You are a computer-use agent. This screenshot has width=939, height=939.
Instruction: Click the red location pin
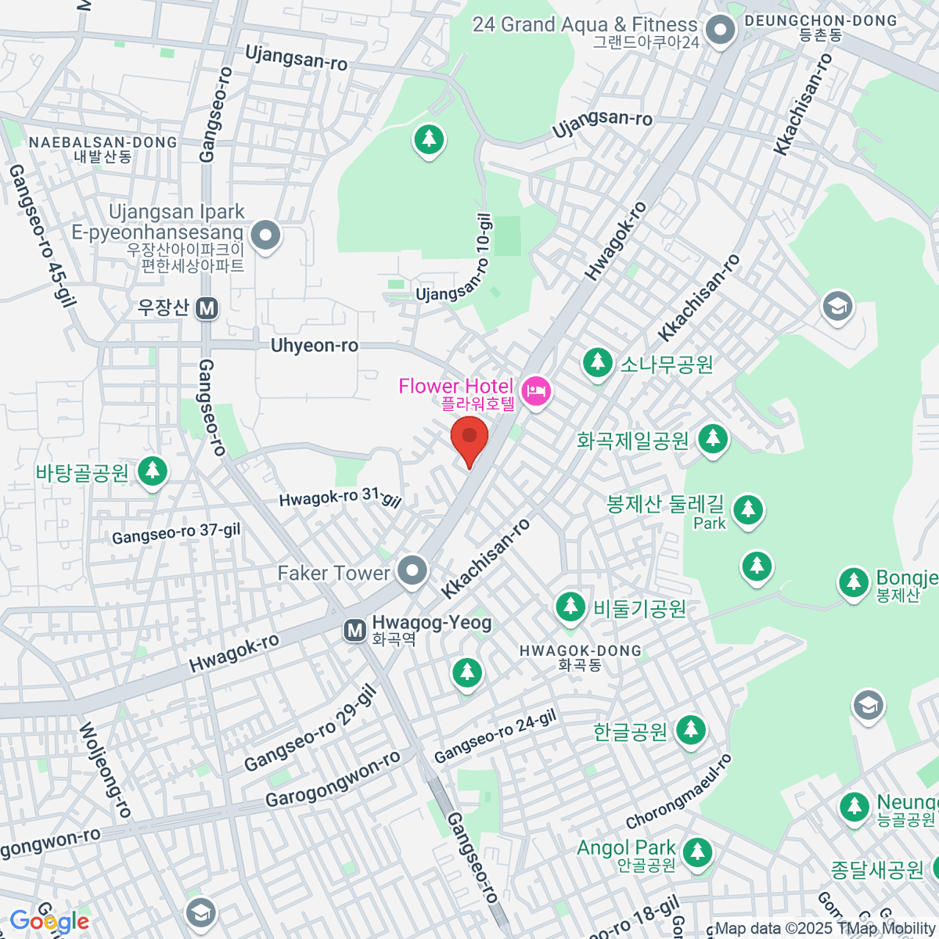click(469, 438)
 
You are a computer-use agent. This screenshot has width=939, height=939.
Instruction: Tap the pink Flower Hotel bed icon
click(537, 390)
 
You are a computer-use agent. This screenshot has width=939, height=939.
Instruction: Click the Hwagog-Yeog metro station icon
click(355, 629)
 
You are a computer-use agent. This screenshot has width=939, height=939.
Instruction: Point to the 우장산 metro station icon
click(207, 308)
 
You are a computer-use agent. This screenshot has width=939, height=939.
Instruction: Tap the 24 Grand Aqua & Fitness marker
click(718, 31)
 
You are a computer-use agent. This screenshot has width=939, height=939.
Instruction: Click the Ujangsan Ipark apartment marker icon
click(265, 234)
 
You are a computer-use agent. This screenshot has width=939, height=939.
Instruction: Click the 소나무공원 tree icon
click(598, 362)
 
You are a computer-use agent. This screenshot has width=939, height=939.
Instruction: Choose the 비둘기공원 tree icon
click(570, 606)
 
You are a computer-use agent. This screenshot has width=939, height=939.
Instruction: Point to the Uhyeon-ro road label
click(315, 345)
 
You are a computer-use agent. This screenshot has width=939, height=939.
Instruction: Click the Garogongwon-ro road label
click(333, 779)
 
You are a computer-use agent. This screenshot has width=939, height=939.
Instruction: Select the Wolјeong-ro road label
click(105, 770)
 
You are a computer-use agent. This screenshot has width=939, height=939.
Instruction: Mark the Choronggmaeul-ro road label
click(679, 791)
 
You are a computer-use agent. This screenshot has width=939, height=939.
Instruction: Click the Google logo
click(49, 922)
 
